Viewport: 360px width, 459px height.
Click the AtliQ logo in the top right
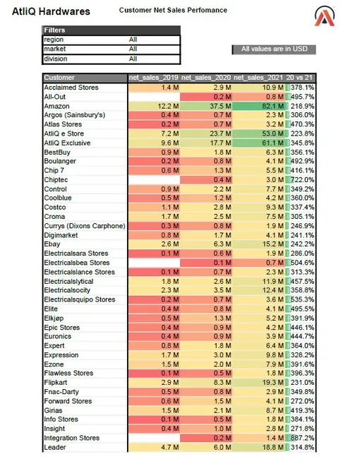coord(325,16)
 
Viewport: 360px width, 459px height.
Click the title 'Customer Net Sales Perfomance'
coord(173,11)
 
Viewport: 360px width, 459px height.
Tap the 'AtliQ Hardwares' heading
coord(51,11)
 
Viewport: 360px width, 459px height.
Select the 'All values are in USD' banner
coord(274,49)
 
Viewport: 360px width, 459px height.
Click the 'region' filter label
coord(54,40)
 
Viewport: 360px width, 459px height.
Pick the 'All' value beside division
coord(133,59)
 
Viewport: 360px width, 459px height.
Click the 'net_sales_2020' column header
coord(206,78)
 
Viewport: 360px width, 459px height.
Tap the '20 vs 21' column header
coord(299,78)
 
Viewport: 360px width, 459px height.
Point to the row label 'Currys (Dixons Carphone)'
coord(85,226)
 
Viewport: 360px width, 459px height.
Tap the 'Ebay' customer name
coord(52,244)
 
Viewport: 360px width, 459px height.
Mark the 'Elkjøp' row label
coord(54,318)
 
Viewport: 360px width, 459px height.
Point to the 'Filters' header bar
coord(112,30)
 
